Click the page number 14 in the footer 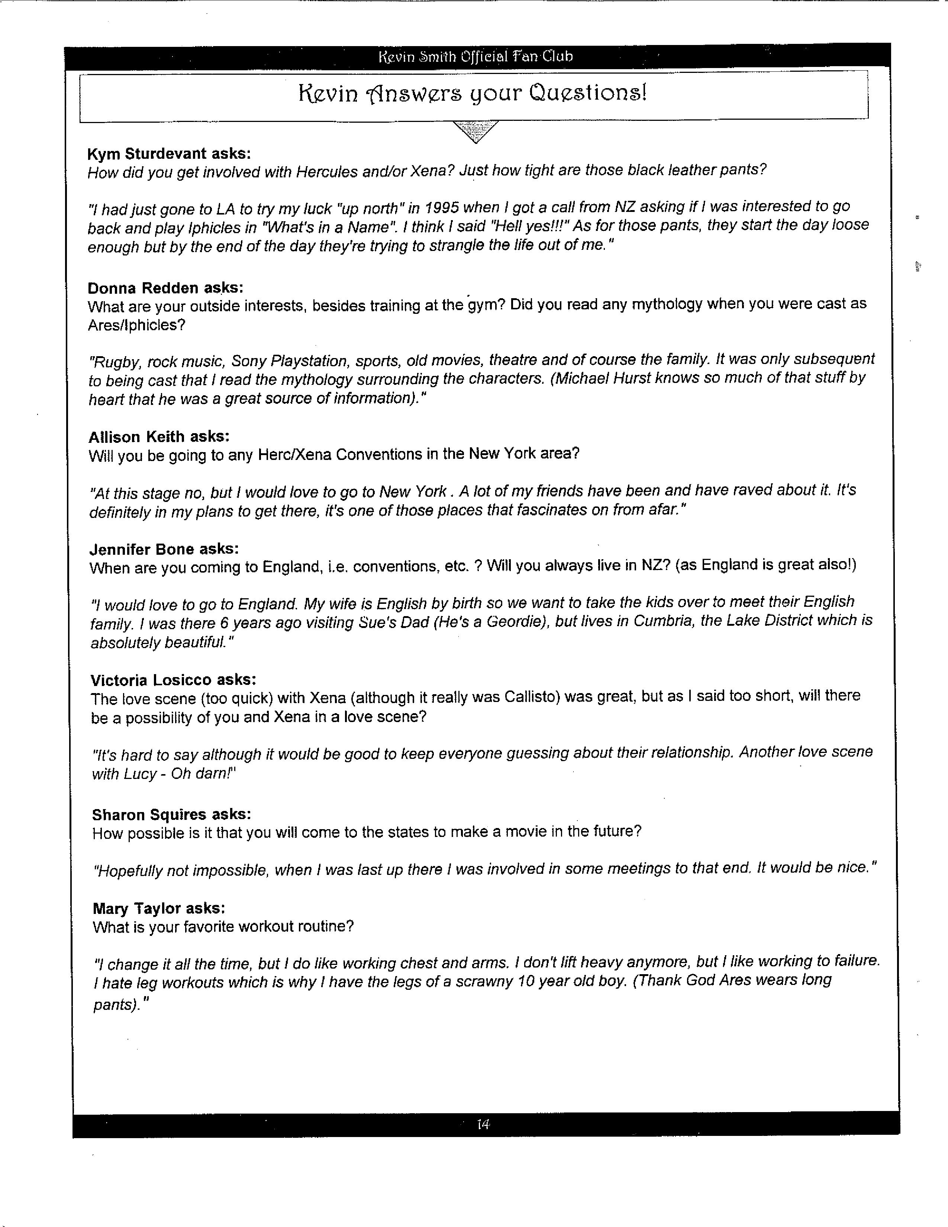pos(483,1124)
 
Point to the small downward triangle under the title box pos(475,131)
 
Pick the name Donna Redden pos(143,288)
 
